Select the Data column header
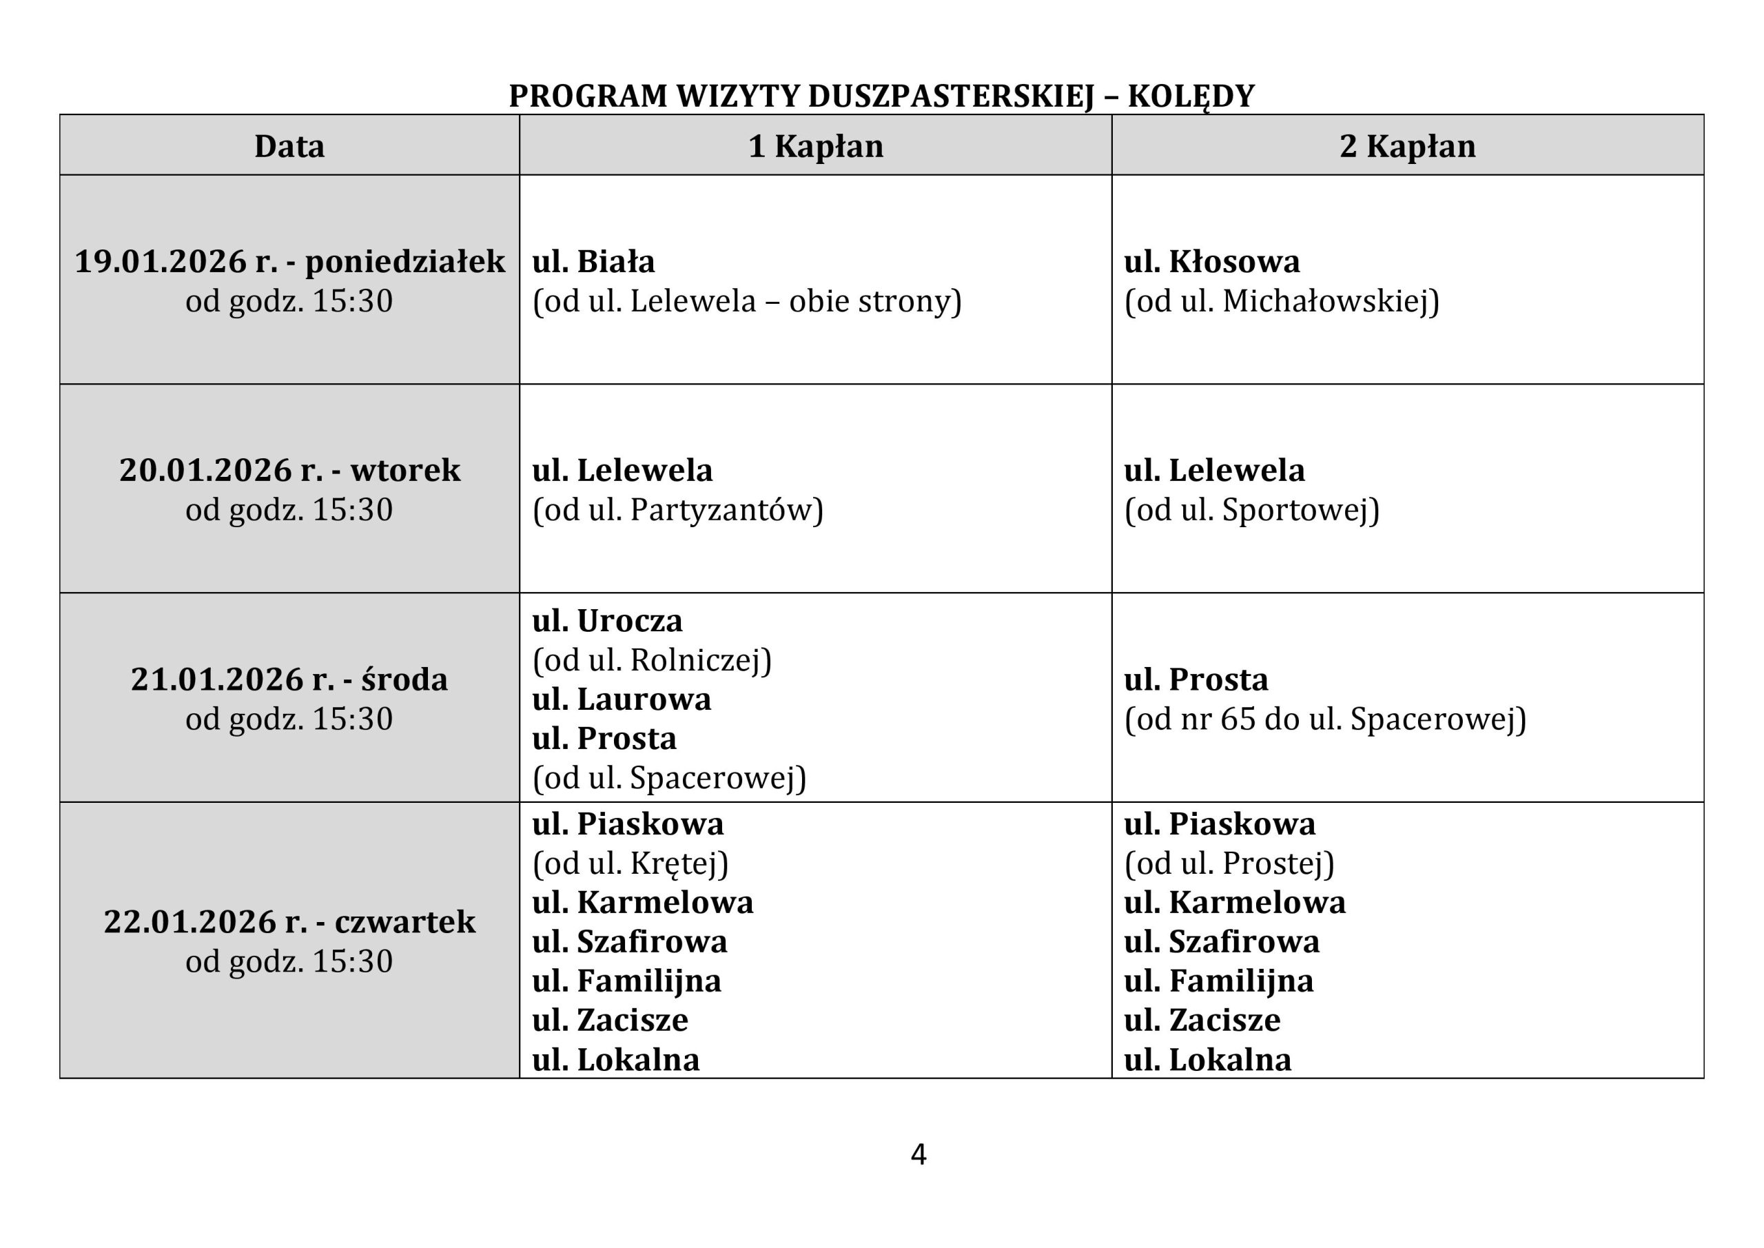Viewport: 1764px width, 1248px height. [289, 146]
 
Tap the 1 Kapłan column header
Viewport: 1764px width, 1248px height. [815, 146]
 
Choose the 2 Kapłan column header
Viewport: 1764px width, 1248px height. [1407, 146]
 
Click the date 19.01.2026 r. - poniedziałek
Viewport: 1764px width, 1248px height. [289, 261]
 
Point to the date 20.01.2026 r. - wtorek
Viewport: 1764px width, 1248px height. [289, 470]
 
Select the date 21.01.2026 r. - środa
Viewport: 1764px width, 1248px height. [289, 679]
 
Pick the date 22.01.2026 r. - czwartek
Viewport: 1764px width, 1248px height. [289, 921]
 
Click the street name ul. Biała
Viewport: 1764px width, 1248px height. [593, 261]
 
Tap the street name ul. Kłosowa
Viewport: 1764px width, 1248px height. [1211, 261]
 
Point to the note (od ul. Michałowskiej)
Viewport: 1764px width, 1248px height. [1282, 301]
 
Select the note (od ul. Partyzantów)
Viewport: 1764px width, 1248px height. [677, 510]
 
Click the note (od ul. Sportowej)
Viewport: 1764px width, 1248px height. [1251, 510]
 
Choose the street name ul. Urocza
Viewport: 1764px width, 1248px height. [607, 621]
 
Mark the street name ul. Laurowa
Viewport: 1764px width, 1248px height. [622, 699]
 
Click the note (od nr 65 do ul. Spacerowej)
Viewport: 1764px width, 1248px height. [1324, 719]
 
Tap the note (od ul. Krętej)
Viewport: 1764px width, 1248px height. [630, 863]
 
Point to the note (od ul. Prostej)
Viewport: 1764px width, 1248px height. [1229, 863]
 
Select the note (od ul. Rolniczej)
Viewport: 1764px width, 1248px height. [652, 660]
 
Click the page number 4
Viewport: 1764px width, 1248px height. [918, 1155]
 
